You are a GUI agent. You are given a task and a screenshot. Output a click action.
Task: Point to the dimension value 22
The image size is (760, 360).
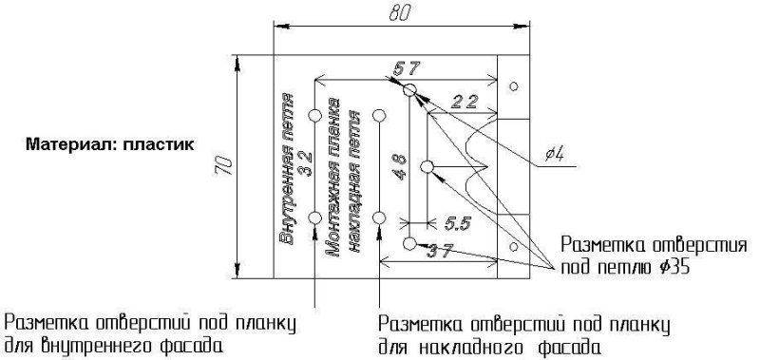click(465, 102)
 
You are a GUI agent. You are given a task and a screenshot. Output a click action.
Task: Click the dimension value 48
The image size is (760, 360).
click(399, 167)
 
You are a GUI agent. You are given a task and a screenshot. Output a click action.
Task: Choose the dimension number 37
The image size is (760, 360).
click(439, 252)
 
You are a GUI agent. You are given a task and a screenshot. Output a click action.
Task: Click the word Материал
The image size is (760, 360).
click(68, 146)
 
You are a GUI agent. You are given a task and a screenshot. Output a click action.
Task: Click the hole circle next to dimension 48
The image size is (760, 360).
click(427, 167)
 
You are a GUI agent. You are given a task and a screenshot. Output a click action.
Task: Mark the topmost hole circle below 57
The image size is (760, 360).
click(409, 90)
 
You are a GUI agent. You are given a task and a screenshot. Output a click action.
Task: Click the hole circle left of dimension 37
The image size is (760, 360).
click(409, 244)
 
